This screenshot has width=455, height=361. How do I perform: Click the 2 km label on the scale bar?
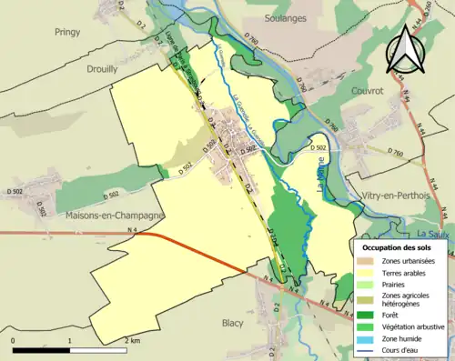(133, 340)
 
